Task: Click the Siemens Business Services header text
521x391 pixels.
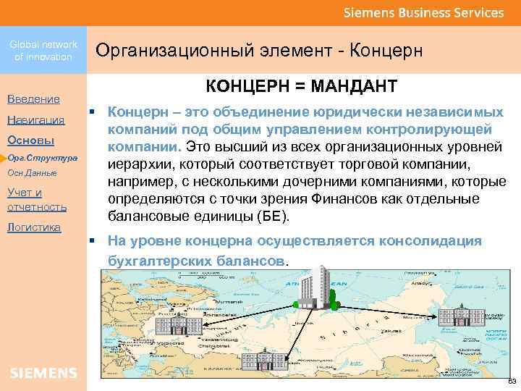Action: click(x=423, y=12)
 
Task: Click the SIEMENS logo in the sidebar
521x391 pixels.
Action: click(x=43, y=373)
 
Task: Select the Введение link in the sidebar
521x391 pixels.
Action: click(x=33, y=98)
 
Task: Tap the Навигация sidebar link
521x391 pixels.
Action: click(x=35, y=119)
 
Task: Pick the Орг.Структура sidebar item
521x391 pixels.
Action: click(x=43, y=157)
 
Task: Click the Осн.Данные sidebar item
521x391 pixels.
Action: click(x=33, y=174)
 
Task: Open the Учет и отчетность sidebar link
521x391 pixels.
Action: click(x=36, y=200)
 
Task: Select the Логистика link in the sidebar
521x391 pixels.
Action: click(x=34, y=227)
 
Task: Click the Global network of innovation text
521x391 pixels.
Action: click(x=43, y=50)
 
